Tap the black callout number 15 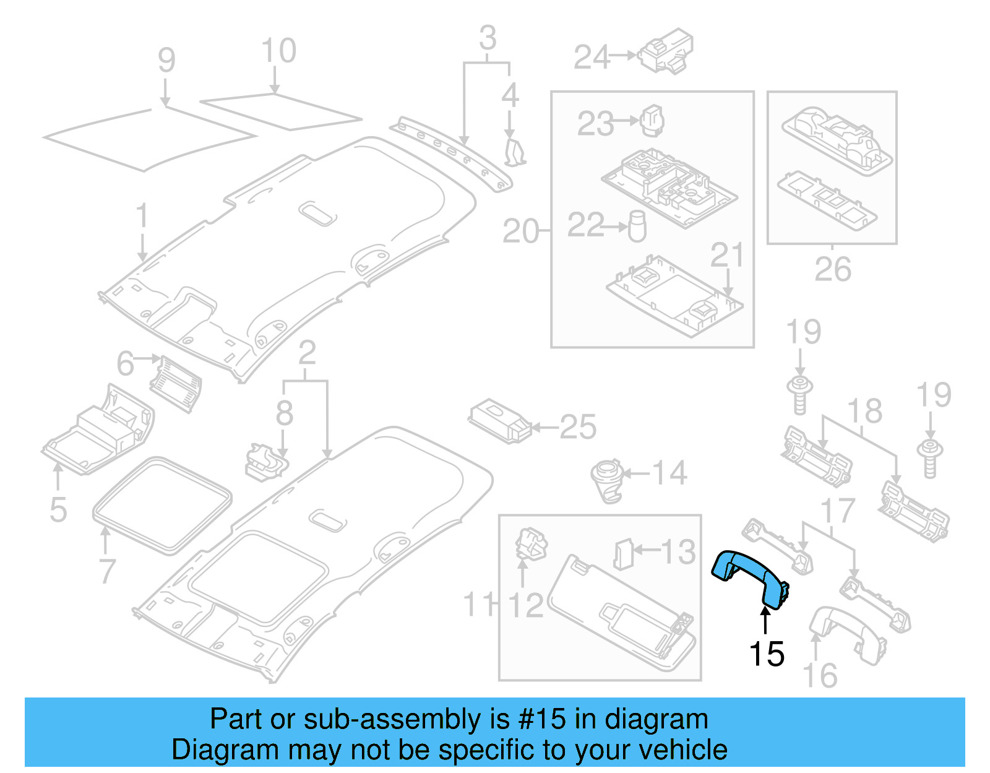pyautogui.click(x=767, y=654)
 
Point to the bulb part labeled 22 pyautogui.click(x=637, y=227)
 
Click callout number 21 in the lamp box pyautogui.click(x=726, y=254)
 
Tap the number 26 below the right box pyautogui.click(x=832, y=269)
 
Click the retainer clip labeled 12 pyautogui.click(x=530, y=544)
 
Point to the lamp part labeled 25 pyautogui.click(x=500, y=423)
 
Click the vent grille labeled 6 pyautogui.click(x=176, y=384)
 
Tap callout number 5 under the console pyautogui.click(x=58, y=510)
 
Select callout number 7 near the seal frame pyautogui.click(x=108, y=570)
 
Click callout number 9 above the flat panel pyautogui.click(x=166, y=60)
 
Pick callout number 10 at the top pyautogui.click(x=278, y=50)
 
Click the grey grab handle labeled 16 pyautogui.click(x=848, y=634)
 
